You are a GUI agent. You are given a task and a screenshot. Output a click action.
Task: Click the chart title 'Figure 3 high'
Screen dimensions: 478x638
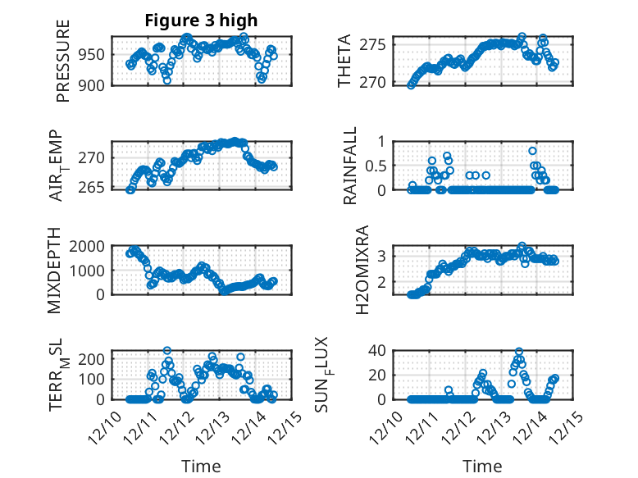point(201,20)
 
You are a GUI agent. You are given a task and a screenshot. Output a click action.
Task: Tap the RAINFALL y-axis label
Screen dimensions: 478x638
point(350,166)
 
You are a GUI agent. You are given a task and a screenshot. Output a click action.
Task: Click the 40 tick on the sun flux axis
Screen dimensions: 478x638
point(378,351)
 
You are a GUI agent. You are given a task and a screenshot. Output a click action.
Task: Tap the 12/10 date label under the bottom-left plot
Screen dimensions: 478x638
point(109,429)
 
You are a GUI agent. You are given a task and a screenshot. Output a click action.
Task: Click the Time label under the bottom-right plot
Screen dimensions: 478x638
point(482,467)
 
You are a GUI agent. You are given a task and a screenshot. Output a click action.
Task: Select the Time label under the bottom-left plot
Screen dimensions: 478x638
point(201,467)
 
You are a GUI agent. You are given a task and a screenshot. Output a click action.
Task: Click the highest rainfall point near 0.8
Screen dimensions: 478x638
point(533,151)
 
